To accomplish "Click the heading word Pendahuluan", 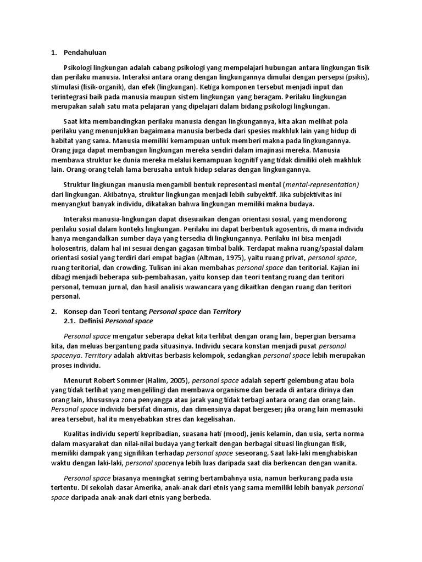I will point(85,53).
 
